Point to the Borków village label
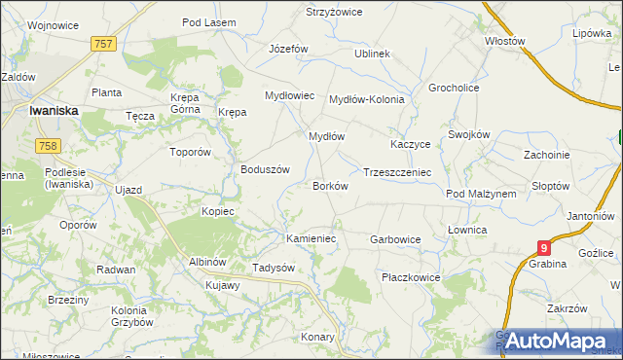point(331,185)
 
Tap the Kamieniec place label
point(311,237)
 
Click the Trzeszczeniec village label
point(397,172)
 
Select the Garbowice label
point(395,238)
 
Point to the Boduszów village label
point(266,168)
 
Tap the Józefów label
point(288,49)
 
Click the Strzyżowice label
point(334,12)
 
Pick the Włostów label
point(505,42)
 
